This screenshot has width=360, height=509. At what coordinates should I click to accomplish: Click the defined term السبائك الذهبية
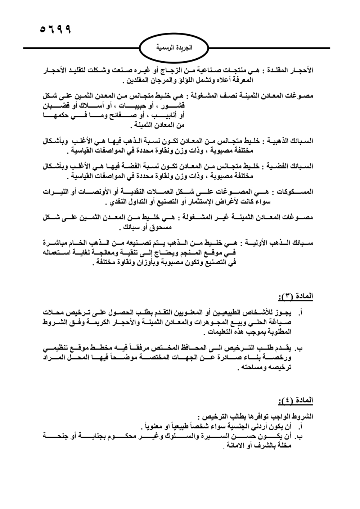tap(291, 141)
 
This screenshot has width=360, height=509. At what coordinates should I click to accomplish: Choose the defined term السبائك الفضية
tap(291, 166)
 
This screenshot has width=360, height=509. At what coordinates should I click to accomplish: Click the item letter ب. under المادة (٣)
tap(298, 348)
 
